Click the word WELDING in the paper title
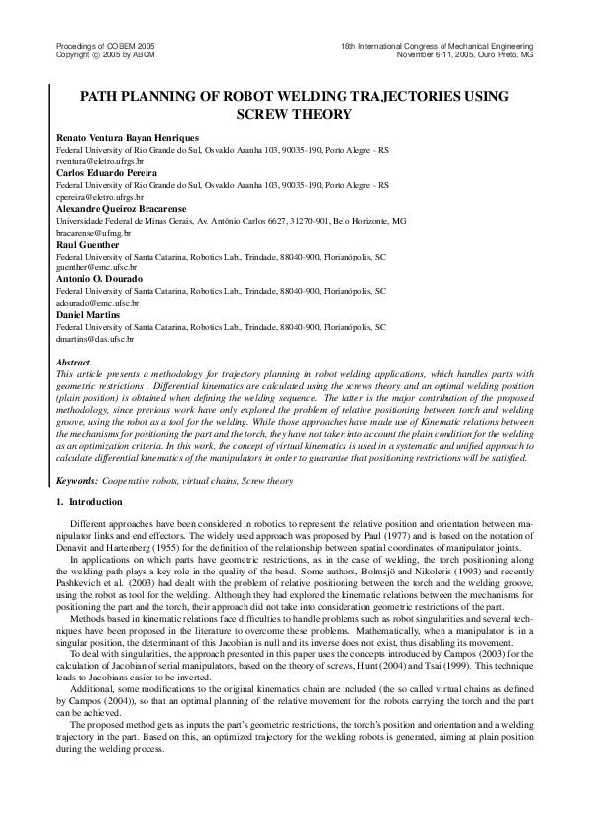point(303,97)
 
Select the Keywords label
point(77,480)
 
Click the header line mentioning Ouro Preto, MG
point(464,55)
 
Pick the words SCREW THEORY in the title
point(294,114)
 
